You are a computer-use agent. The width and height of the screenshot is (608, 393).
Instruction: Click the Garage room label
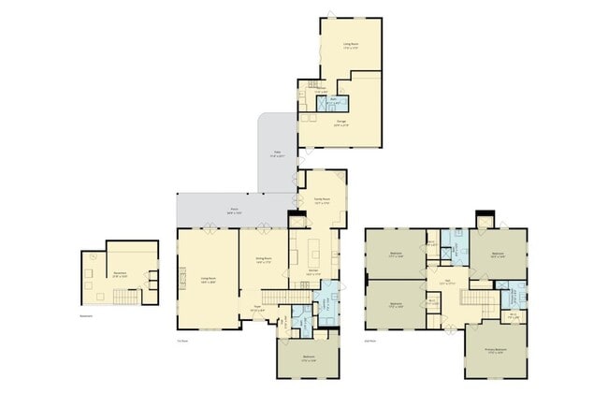pyautogui.click(x=340, y=123)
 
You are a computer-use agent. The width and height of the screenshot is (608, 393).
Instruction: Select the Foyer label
pyautogui.click(x=257, y=308)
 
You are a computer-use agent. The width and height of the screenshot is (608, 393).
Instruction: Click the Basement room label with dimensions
pyautogui.click(x=120, y=275)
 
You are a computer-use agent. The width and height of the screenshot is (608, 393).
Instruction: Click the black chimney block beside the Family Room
pyautogui.click(x=297, y=221)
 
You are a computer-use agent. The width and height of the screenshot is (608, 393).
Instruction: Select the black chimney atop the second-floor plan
pyautogui.click(x=485, y=219)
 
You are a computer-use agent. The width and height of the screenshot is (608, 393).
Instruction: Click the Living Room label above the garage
pyautogui.click(x=350, y=44)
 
